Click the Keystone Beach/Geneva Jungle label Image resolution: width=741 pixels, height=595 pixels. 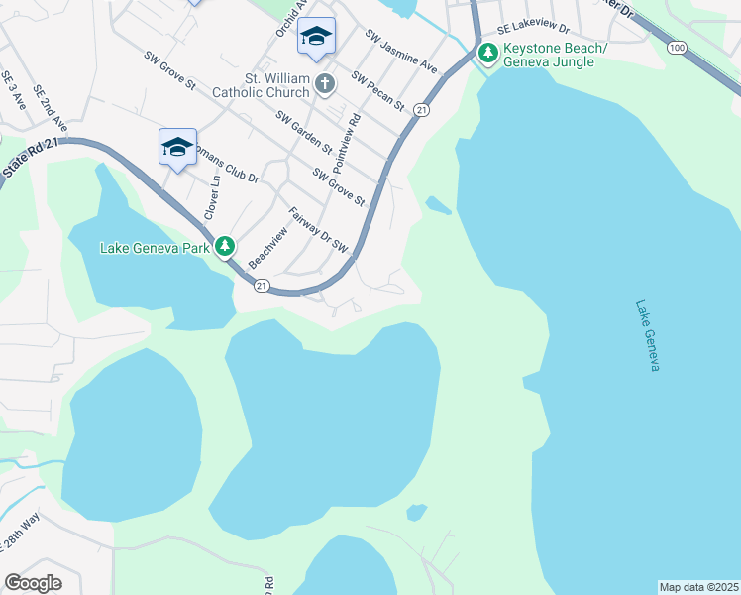point(549,55)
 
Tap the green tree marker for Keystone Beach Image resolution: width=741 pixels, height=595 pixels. point(486,52)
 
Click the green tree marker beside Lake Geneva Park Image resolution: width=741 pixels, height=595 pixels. point(226,246)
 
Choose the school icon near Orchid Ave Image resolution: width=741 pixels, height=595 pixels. point(316,37)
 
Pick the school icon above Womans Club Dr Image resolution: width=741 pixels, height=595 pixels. point(177,147)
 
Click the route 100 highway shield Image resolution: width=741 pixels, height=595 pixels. point(677,47)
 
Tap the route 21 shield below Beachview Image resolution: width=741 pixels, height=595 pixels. point(262,286)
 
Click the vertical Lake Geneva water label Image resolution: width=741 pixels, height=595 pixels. point(649,336)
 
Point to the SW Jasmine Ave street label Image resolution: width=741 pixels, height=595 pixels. point(401,52)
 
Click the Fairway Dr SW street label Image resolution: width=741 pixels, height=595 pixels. point(319,229)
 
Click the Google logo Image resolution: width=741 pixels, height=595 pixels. point(33,583)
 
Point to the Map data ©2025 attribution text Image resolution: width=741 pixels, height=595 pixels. point(698,587)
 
